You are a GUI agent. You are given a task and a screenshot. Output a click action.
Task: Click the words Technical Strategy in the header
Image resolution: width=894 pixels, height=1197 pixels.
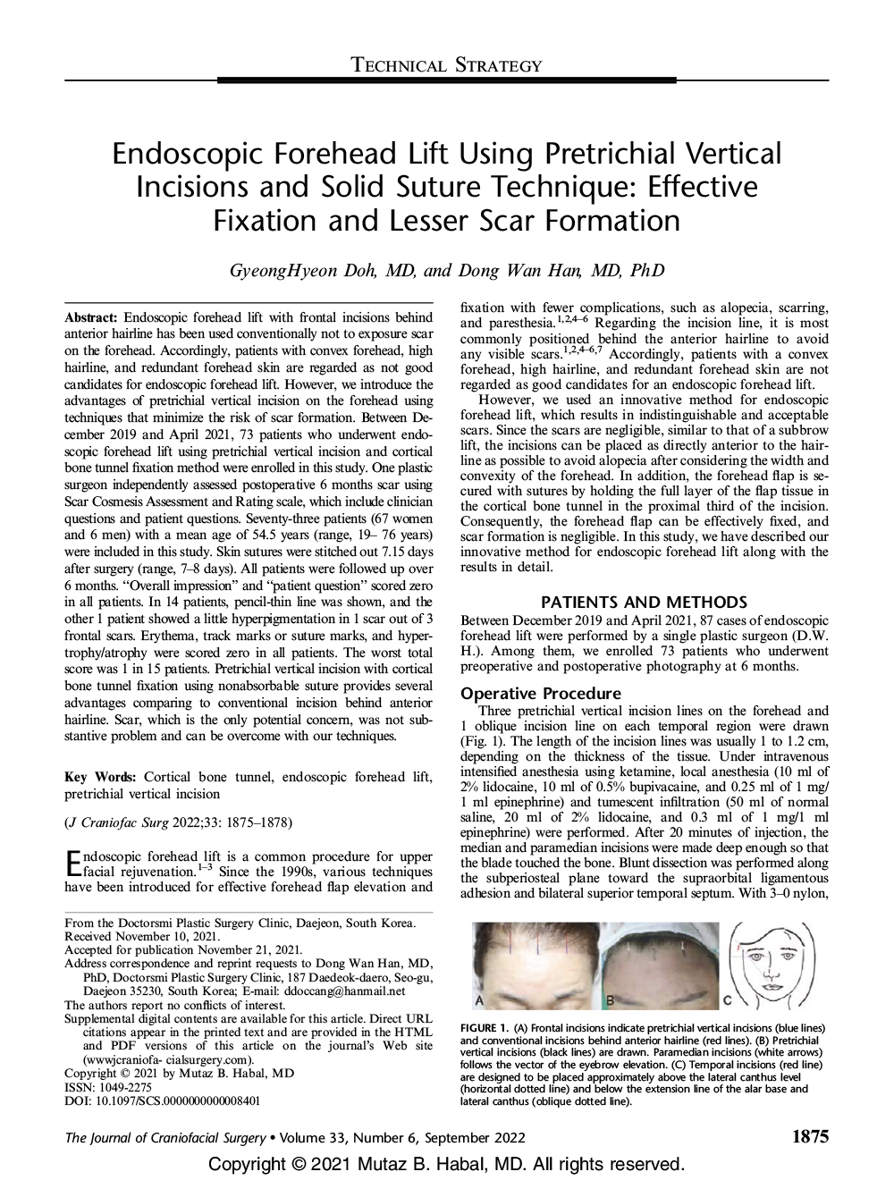coord(447,64)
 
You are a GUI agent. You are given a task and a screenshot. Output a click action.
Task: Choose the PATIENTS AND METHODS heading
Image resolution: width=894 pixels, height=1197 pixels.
coord(644,602)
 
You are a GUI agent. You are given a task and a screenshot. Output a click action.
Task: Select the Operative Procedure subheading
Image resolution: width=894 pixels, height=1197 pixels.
coord(540,693)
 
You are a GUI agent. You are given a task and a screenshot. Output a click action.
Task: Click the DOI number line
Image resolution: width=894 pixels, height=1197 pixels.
coord(163,1101)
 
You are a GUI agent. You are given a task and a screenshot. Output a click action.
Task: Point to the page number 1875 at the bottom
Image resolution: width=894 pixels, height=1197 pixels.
coord(809,1137)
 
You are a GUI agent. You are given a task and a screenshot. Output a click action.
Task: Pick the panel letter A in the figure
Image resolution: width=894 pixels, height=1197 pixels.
coord(479,999)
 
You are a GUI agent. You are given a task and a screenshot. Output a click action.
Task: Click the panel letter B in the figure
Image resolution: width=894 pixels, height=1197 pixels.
coord(611,999)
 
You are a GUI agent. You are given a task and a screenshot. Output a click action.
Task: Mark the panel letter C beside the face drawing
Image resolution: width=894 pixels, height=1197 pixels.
coord(727,999)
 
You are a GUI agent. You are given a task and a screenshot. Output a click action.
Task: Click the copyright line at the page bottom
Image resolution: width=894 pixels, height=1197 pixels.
coord(446,1165)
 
